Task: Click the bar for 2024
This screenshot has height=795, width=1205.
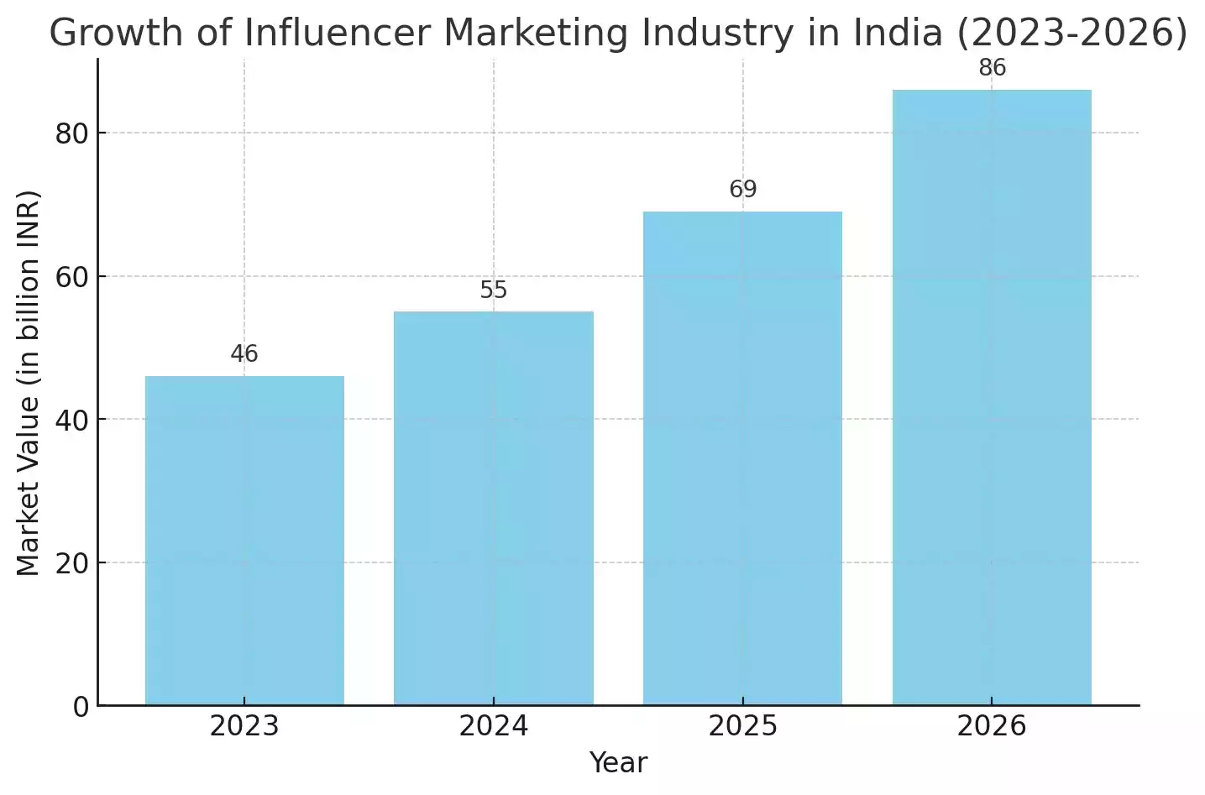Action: [x=494, y=508]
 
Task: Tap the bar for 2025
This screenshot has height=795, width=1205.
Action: [x=742, y=458]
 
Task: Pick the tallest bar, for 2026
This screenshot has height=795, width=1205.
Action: [x=992, y=397]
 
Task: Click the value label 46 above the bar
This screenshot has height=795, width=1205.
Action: [x=244, y=354]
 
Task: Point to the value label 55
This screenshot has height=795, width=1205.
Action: [x=494, y=290]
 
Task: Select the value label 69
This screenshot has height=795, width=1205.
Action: [x=742, y=190]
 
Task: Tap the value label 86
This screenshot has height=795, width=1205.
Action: [x=992, y=68]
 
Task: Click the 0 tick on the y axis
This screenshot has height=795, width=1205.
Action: [x=81, y=707]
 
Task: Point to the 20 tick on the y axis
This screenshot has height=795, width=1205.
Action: [x=72, y=563]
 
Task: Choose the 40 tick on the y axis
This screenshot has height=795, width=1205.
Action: [x=72, y=420]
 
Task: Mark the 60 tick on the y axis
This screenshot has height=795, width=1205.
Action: [x=72, y=277]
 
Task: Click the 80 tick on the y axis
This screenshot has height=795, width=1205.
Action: [x=72, y=133]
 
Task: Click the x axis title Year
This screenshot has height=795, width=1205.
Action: [x=618, y=763]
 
